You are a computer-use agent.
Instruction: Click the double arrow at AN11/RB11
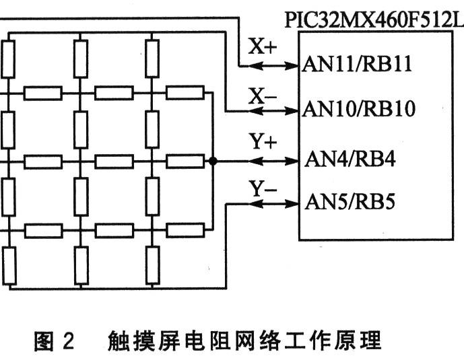click(273, 66)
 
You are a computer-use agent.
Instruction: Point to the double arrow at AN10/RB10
click(273, 109)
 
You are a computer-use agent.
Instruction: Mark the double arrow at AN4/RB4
click(273, 161)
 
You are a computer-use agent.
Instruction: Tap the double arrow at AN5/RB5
click(273, 201)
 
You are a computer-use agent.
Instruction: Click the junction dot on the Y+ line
click(213, 161)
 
